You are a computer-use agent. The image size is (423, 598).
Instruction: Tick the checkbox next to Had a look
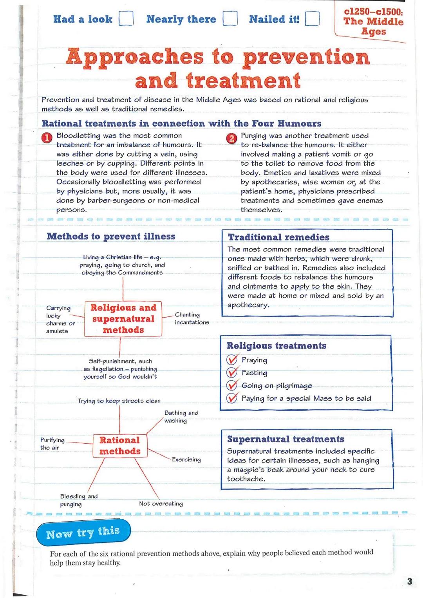pyautogui.click(x=126, y=18)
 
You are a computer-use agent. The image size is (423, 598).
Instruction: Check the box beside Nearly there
pyautogui.click(x=230, y=18)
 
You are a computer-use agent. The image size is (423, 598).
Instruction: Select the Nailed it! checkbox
pyautogui.click(x=312, y=18)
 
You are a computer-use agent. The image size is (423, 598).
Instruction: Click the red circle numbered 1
pyautogui.click(x=47, y=138)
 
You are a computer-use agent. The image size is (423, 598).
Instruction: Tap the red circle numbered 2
pyautogui.click(x=231, y=138)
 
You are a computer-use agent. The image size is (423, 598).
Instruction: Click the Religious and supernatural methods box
pyautogui.click(x=123, y=319)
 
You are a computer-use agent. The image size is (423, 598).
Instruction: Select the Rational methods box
pyautogui.click(x=119, y=446)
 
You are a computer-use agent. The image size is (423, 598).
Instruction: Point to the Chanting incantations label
pyautogui.click(x=192, y=318)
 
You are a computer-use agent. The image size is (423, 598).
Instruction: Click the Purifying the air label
pyautogui.click(x=52, y=444)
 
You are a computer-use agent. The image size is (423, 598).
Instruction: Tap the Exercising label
pyautogui.click(x=186, y=459)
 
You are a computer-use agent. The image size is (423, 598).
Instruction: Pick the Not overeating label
pyautogui.click(x=161, y=504)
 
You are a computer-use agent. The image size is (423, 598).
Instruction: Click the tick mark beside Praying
pyautogui.click(x=232, y=360)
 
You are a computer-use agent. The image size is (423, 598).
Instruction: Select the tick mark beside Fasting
pyautogui.click(x=232, y=372)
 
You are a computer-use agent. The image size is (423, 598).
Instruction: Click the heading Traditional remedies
pyautogui.click(x=278, y=237)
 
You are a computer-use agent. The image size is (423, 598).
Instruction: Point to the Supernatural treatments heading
pyautogui.click(x=286, y=439)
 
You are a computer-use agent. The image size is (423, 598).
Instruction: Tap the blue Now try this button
pyautogui.click(x=83, y=533)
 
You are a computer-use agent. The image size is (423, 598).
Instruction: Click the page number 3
pyautogui.click(x=410, y=581)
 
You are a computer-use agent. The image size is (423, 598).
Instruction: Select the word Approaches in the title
pyautogui.click(x=135, y=57)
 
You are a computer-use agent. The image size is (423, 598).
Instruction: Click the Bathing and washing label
pyautogui.click(x=181, y=417)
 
